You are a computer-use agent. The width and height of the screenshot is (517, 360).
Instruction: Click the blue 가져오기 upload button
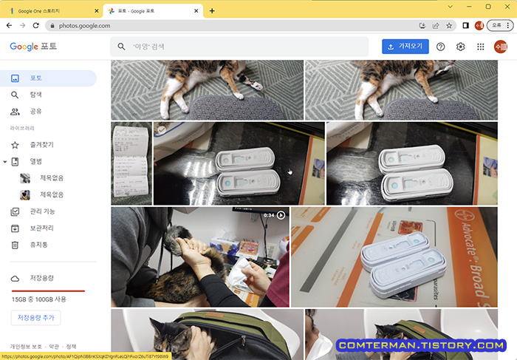pos(405,46)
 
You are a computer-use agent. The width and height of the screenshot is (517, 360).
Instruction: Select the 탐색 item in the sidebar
pos(35,95)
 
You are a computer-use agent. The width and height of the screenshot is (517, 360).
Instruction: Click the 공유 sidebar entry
pos(35,112)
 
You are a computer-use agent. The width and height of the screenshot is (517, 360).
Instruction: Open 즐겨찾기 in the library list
pos(41,145)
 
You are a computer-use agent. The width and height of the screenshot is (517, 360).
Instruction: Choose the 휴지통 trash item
pos(38,245)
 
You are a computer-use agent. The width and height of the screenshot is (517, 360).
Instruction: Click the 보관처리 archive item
pos(41,228)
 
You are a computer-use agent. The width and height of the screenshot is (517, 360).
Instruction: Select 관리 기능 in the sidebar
pos(42,211)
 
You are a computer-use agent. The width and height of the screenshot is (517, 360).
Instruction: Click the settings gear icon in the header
pos(461,47)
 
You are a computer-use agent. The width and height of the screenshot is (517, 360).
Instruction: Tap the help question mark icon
pos(441,47)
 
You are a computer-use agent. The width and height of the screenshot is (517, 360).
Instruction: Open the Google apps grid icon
pos(481,47)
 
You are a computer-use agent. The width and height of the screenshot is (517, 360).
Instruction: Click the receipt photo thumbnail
pos(131,163)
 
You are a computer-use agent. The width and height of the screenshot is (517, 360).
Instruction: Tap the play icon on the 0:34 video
pos(281,215)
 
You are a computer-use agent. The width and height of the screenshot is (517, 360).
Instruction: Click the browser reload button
pos(36,25)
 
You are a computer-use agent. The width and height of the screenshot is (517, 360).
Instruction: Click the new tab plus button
pos(212,10)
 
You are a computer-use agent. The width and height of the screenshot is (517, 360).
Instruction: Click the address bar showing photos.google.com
pos(222,25)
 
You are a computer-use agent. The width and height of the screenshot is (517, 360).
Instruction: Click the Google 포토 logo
pos(33,47)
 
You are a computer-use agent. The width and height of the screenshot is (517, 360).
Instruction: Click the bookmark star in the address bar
pos(449,25)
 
